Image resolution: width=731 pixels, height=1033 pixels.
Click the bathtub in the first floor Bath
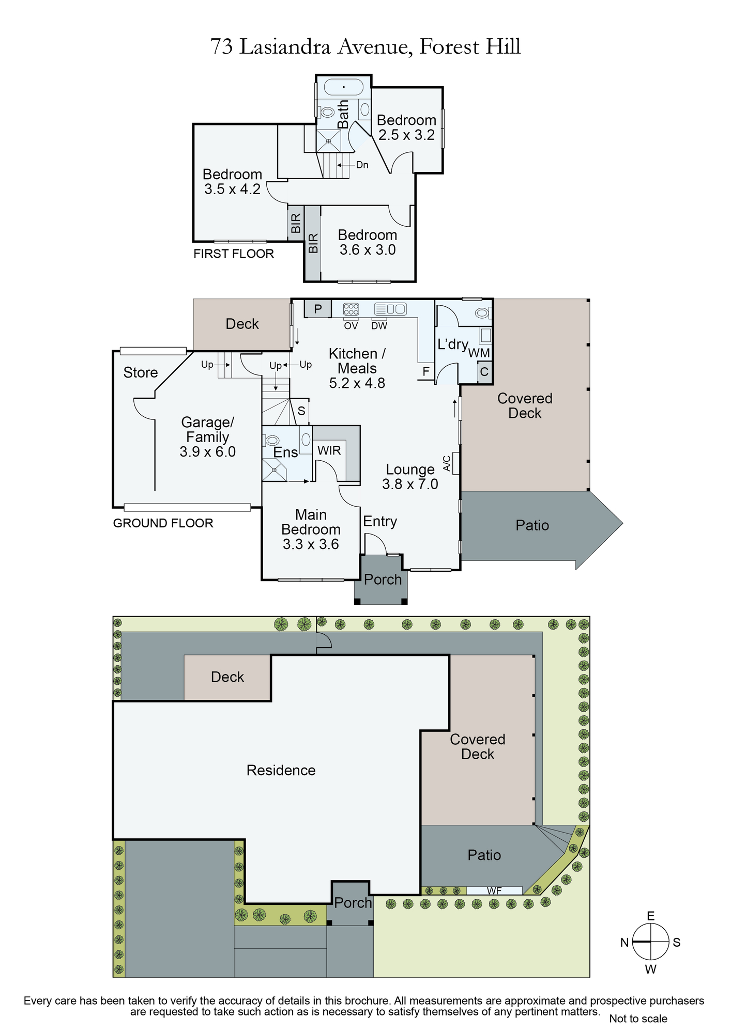343,87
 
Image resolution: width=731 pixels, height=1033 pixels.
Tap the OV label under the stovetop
351,326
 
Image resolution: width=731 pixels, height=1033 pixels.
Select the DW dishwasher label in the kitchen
379,326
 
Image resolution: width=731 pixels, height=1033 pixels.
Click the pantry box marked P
318,309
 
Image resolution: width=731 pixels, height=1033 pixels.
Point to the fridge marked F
426,371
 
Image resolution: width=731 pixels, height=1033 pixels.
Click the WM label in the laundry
479,353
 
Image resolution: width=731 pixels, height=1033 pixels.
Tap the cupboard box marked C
484,371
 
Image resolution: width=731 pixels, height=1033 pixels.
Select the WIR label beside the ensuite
329,450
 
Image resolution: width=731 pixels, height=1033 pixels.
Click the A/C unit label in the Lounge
447,463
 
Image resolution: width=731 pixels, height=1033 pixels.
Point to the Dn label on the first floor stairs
362,165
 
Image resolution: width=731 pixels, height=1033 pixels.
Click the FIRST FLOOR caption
234,254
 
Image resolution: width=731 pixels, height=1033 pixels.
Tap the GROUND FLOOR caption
163,523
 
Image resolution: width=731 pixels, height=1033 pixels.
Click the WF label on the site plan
494,890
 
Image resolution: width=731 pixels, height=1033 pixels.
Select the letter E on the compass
651,916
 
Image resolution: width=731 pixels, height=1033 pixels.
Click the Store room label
141,372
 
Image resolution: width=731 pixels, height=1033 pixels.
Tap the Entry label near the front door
380,522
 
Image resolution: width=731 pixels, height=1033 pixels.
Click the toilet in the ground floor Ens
270,441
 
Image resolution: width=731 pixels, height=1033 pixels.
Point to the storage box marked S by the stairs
302,411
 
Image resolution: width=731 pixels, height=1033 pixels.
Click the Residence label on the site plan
281,770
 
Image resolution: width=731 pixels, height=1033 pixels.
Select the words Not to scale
638,1019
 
